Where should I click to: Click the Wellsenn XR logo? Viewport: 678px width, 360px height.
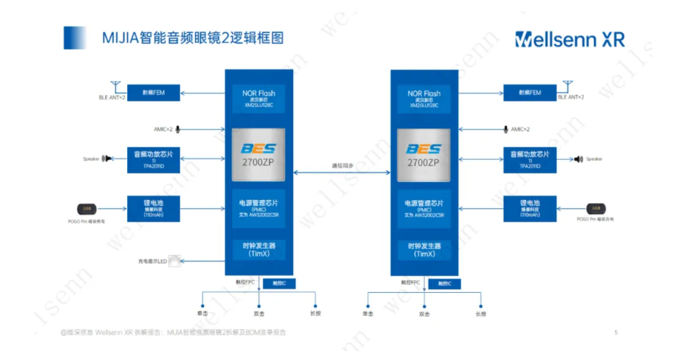click(569, 39)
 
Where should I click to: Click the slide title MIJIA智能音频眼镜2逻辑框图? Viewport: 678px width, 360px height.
click(192, 37)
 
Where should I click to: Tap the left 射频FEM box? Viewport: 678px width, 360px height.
click(153, 93)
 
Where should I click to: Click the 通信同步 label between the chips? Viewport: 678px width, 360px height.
click(343, 166)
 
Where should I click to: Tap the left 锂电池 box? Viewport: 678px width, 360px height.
click(153, 207)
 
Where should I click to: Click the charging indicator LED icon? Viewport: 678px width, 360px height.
click(175, 261)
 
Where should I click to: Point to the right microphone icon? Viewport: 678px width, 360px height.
click(506, 129)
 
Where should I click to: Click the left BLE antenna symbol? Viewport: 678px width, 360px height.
click(114, 86)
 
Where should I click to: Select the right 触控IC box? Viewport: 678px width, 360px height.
click(443, 283)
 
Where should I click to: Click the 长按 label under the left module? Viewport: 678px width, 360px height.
click(315, 314)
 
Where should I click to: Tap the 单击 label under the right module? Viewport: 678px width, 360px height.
click(367, 314)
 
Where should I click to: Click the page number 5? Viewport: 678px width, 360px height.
click(616, 332)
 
